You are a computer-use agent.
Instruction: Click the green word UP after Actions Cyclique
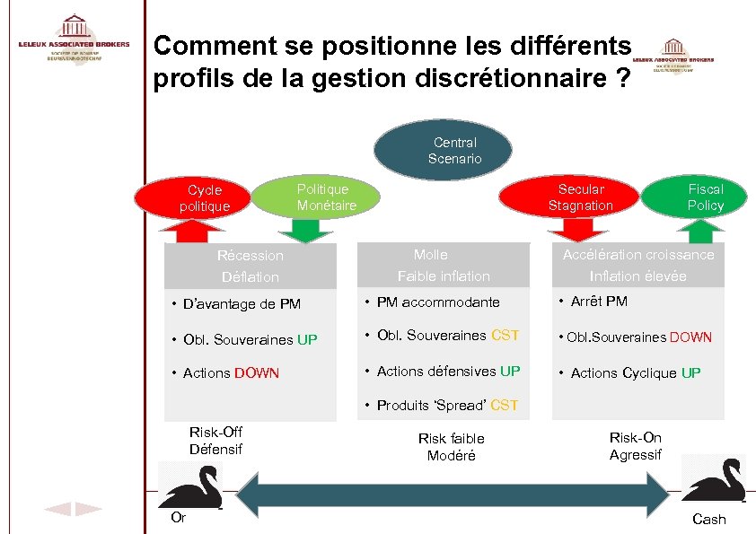click(690, 372)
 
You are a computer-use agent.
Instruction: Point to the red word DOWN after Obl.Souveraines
click(690, 337)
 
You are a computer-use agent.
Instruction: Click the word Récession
click(251, 255)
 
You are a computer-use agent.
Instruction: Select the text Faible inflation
click(444, 276)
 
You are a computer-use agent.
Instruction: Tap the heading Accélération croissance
click(638, 254)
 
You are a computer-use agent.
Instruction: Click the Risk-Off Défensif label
click(215, 441)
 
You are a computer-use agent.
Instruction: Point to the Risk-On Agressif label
click(635, 446)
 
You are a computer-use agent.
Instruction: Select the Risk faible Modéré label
click(451, 447)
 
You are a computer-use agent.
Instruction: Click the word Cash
click(709, 520)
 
